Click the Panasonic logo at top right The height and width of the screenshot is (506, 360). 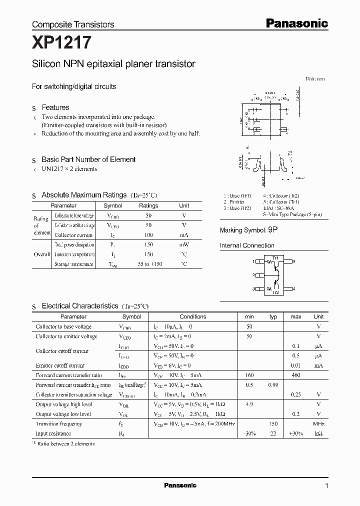[296, 23]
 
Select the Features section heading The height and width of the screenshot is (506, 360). [55, 107]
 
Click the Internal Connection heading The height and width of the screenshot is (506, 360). [247, 245]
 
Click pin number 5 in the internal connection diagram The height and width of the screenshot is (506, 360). [294, 261]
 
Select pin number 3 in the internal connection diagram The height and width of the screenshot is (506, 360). [254, 289]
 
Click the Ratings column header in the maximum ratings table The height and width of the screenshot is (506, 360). [148, 205]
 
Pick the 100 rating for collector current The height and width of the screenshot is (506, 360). [148, 235]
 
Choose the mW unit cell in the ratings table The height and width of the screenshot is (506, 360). [184, 244]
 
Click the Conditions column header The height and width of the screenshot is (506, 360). [192, 316]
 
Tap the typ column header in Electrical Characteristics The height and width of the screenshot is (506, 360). [273, 316]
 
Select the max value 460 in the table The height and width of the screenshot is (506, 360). [295, 375]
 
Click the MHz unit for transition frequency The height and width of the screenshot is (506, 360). [318, 424]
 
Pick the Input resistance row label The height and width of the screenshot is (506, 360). [53, 433]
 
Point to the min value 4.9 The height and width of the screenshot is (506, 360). [249, 404]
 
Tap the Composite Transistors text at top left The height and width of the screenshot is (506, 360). [73, 24]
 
